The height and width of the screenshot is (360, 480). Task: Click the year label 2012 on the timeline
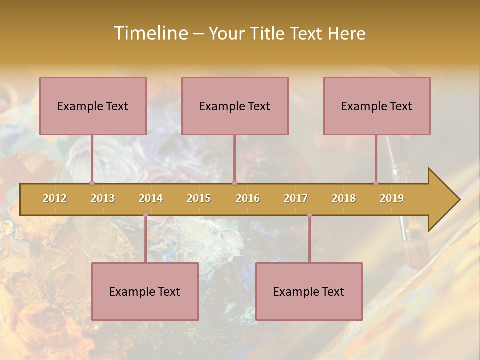[x=55, y=198]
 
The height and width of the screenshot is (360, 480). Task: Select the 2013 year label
[x=103, y=198]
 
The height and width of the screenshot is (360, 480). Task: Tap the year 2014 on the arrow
[x=151, y=198]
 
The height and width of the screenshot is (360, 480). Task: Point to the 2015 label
[x=199, y=198]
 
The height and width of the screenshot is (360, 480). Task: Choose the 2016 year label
[x=248, y=198]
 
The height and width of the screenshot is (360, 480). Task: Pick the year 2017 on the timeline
[x=296, y=198]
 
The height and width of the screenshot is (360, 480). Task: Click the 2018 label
[x=344, y=198]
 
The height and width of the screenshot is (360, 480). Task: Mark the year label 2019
[x=392, y=198]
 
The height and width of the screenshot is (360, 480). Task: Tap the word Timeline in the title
[x=150, y=33]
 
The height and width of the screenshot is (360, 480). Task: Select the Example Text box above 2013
[x=93, y=106]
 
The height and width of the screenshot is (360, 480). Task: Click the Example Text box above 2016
[x=235, y=106]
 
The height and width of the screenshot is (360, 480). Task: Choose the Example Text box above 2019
[x=377, y=106]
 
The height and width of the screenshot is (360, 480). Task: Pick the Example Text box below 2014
[x=145, y=291]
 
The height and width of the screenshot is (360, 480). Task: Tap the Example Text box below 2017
[x=309, y=291]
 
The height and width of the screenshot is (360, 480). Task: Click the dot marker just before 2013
[x=92, y=183]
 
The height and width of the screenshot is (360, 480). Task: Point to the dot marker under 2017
[x=309, y=215]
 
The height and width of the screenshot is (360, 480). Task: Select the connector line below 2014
[x=145, y=239]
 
